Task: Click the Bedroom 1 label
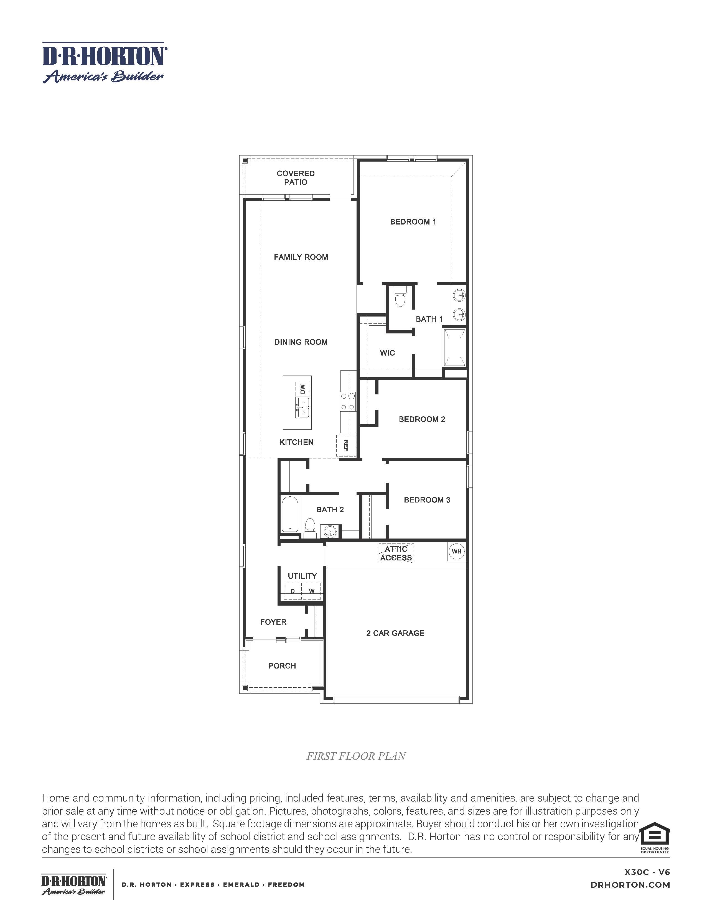point(413,222)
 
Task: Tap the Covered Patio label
point(295,178)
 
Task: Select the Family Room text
point(301,257)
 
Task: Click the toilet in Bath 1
point(399,297)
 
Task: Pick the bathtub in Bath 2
point(290,514)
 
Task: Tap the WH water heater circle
point(456,551)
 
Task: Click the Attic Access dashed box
point(396,553)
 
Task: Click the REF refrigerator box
point(346,446)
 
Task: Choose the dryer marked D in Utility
point(293,591)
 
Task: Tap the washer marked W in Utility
point(312,591)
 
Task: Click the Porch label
point(282,665)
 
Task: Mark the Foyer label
point(273,622)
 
